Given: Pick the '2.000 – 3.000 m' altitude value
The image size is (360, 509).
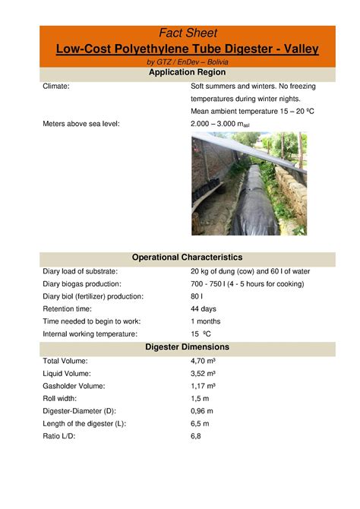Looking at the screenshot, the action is tap(220, 122).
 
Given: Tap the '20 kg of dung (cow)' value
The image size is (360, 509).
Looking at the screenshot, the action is tap(224, 271).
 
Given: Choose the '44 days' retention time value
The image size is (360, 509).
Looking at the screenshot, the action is tap(204, 308).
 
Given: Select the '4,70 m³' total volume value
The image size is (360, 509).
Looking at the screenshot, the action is tap(204, 361).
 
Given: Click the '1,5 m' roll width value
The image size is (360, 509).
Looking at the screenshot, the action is tap(200, 398).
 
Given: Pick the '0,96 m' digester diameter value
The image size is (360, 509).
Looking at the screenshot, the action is tap(202, 411).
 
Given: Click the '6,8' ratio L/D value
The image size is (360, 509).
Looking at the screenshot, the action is tap(196, 436).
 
